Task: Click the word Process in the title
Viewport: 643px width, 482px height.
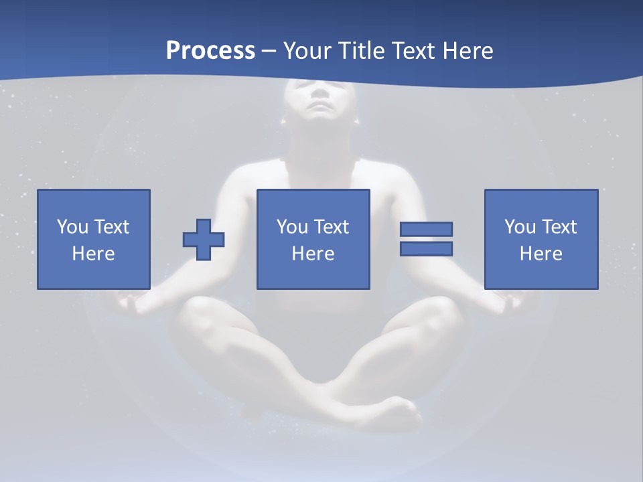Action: (210, 51)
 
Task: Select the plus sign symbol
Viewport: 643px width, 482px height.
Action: (204, 240)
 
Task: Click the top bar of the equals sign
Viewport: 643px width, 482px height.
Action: (426, 229)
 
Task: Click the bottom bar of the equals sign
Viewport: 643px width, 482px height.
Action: (426, 249)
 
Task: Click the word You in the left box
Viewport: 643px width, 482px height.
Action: (72, 227)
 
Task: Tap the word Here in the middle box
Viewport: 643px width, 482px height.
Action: (313, 254)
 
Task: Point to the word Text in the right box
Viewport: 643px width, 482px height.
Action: (559, 227)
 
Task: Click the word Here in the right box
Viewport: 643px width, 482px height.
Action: (541, 254)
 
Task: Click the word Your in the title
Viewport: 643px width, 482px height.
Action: (307, 51)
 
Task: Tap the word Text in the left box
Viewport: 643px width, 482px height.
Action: (111, 227)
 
